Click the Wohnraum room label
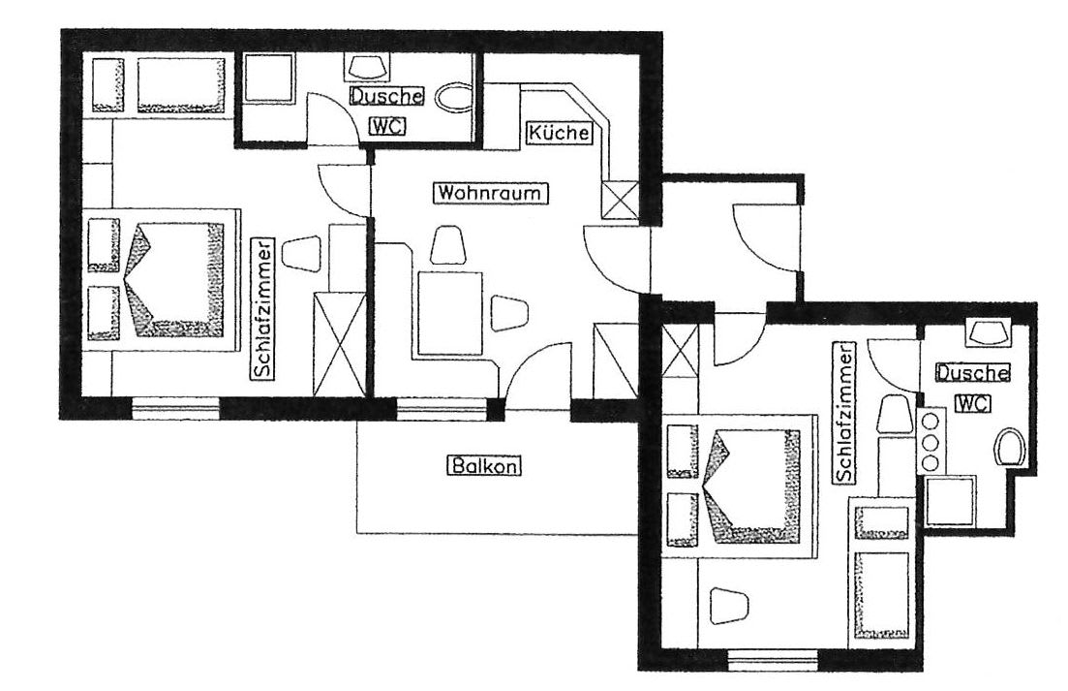[490, 193]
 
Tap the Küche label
[559, 132]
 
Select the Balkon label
[483, 466]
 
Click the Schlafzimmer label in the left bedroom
[262, 307]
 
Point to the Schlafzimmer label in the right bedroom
[843, 413]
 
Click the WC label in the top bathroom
[386, 126]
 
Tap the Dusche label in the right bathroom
[972, 373]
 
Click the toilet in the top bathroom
[452, 98]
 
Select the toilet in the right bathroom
[1010, 447]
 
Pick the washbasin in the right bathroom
[988, 332]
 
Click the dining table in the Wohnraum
[450, 312]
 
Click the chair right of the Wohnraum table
[510, 313]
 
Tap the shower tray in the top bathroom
[268, 79]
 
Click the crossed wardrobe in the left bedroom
[339, 344]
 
